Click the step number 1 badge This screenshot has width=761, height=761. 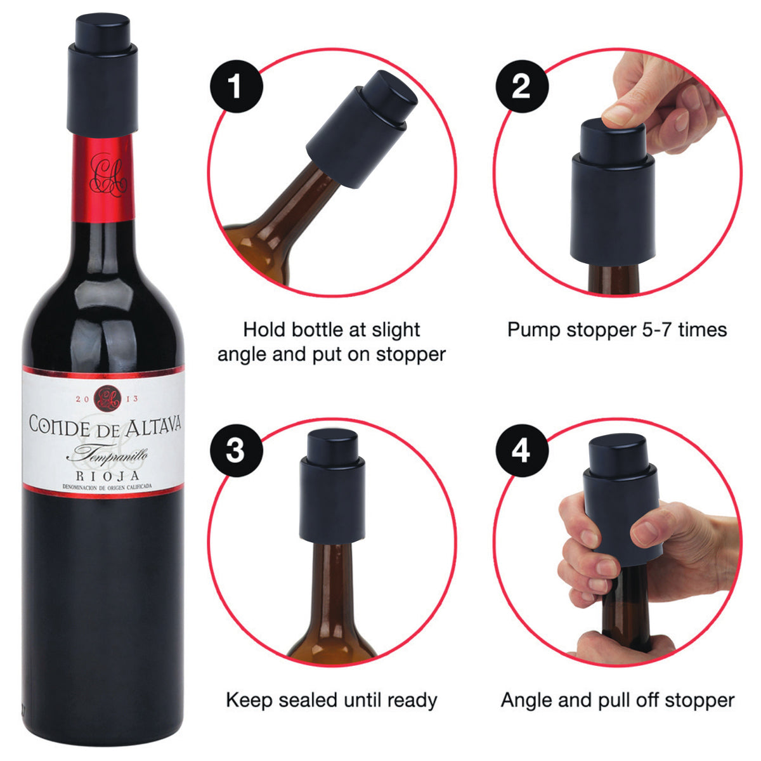click(237, 86)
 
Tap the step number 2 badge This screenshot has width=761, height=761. click(522, 86)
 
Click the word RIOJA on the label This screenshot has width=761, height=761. click(108, 476)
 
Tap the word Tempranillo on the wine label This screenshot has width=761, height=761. click(107, 455)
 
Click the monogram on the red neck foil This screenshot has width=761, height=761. click(107, 175)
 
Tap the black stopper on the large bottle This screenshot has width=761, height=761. click(103, 74)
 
